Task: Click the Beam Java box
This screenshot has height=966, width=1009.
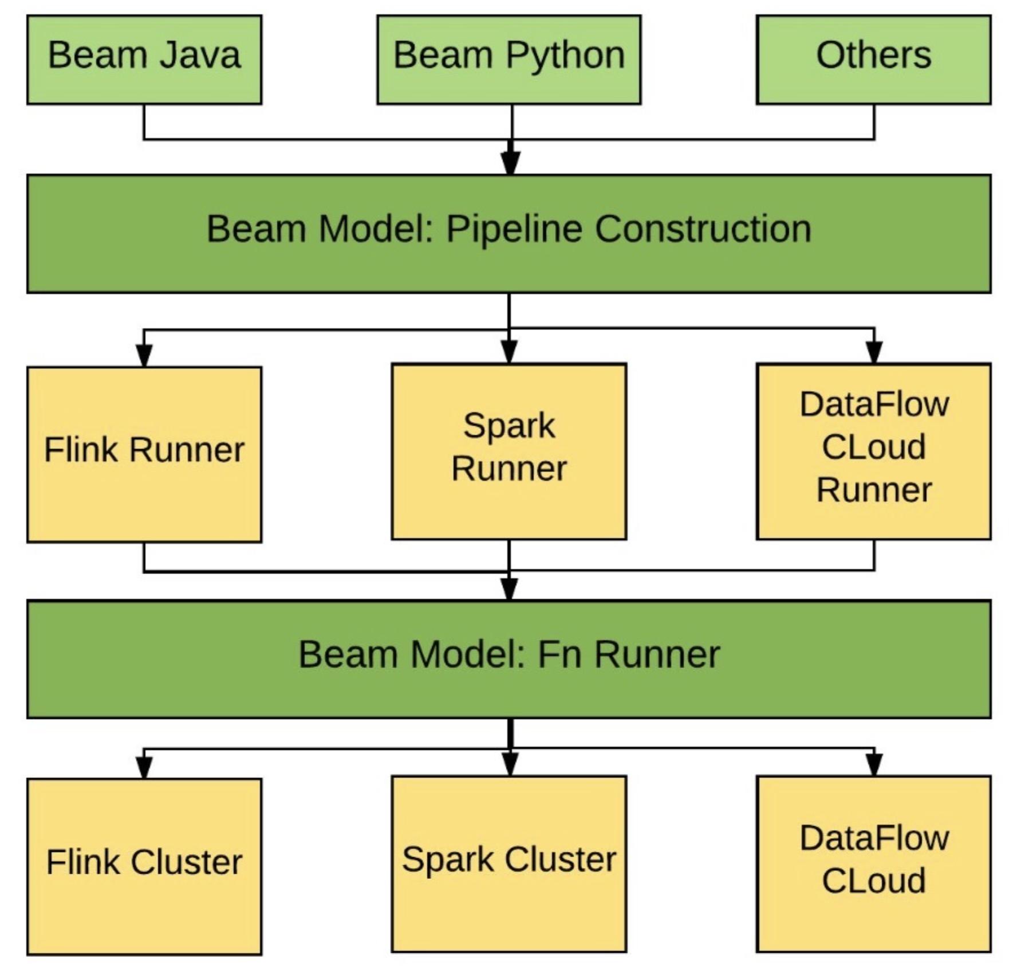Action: [x=144, y=60]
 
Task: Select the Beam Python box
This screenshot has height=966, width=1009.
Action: [x=509, y=60]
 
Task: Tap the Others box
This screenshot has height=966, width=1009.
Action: [x=873, y=60]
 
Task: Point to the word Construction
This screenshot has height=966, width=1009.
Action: [x=703, y=229]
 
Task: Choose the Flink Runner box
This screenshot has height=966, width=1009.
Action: [x=144, y=454]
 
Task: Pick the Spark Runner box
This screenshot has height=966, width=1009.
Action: [x=509, y=451]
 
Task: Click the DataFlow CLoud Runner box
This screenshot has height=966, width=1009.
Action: [x=873, y=451]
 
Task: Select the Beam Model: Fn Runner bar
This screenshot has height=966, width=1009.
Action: [x=509, y=659]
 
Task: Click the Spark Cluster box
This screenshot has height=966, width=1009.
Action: [x=509, y=864]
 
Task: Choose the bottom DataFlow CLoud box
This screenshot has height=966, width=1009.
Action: [x=873, y=864]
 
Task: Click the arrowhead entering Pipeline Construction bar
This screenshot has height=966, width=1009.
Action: [x=511, y=163]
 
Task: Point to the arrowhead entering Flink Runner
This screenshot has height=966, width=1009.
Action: [x=144, y=355]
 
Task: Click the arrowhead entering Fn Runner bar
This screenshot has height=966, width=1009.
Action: [x=509, y=588]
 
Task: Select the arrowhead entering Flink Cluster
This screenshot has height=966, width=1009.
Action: [x=144, y=767]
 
